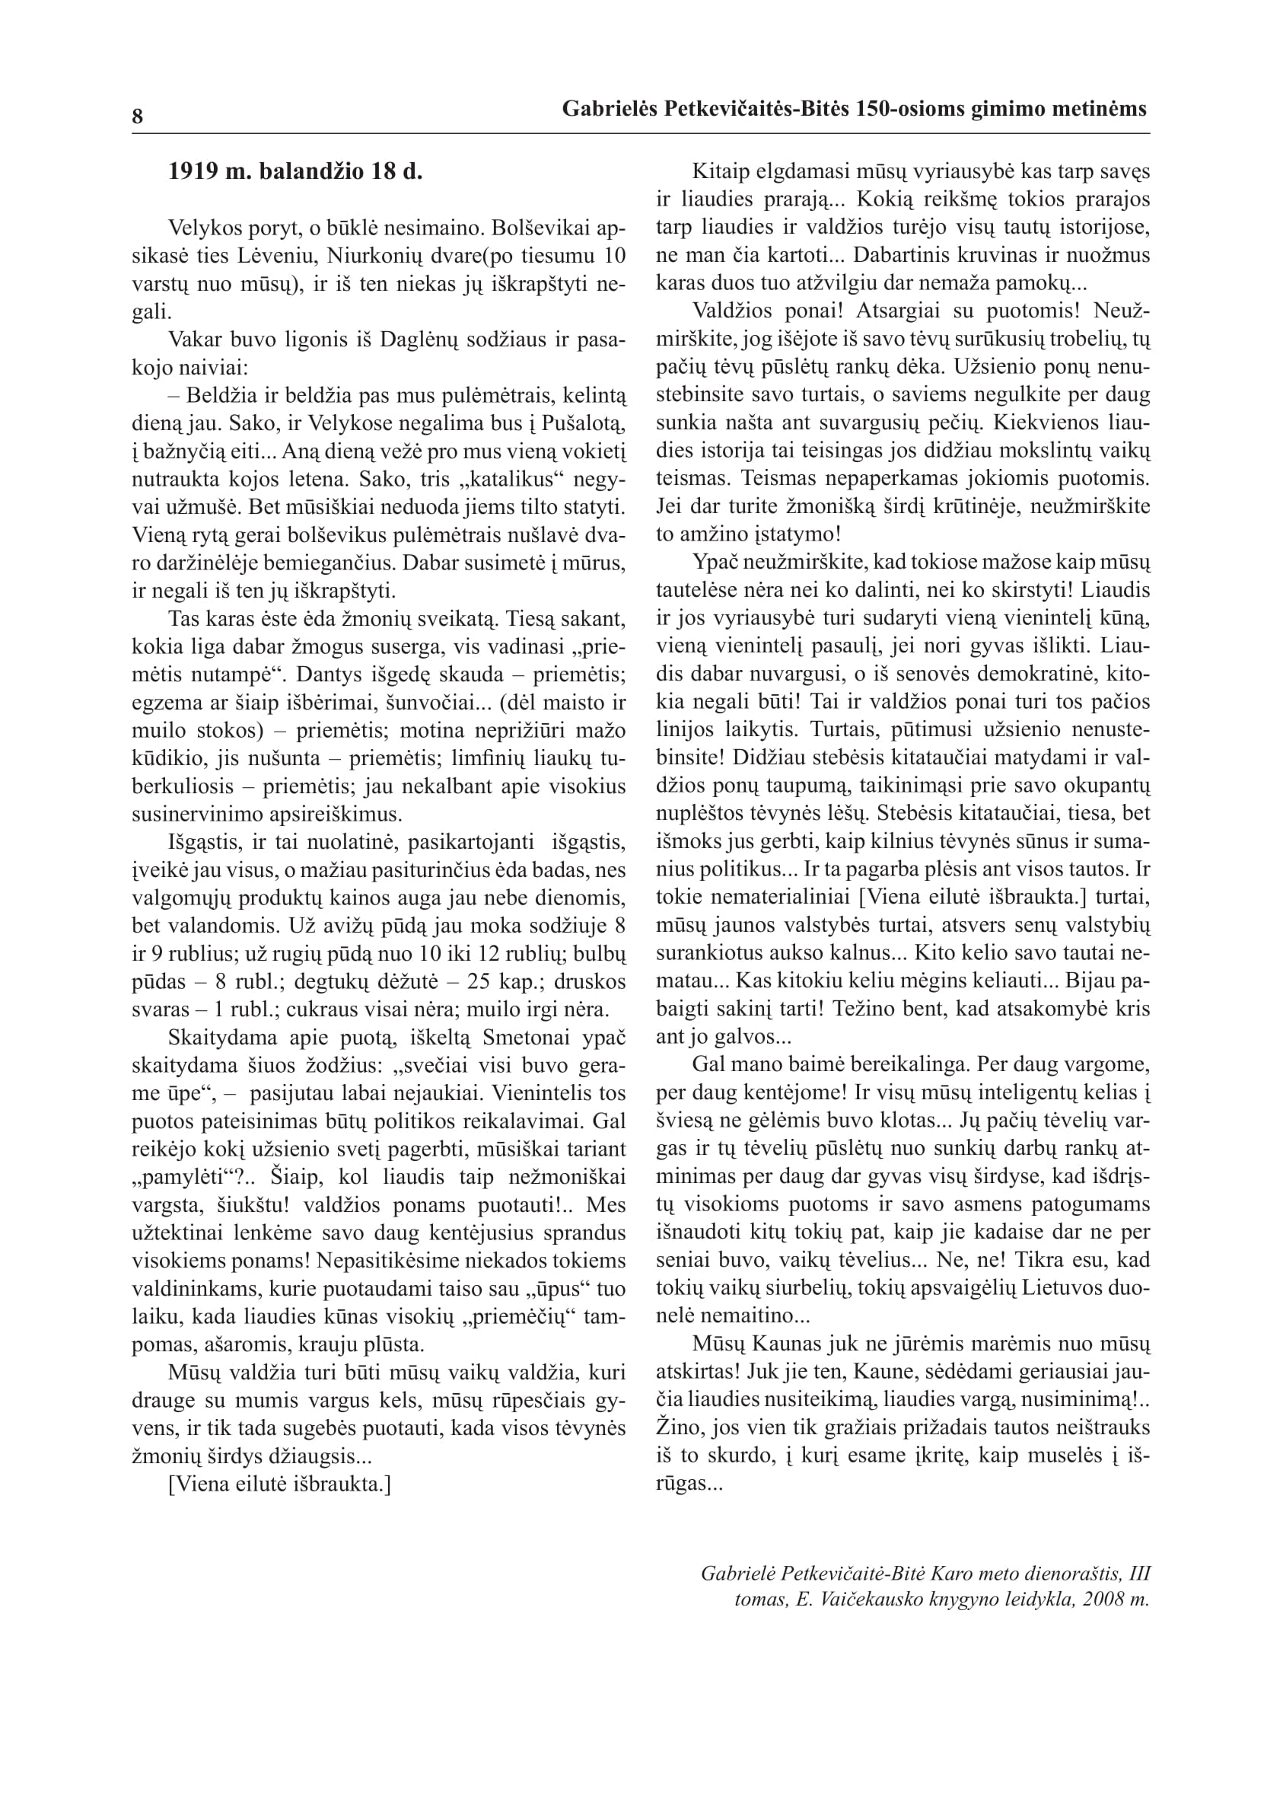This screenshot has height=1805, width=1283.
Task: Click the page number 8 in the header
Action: click(x=138, y=117)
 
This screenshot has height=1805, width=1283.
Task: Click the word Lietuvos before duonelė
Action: click(x=1059, y=1287)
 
